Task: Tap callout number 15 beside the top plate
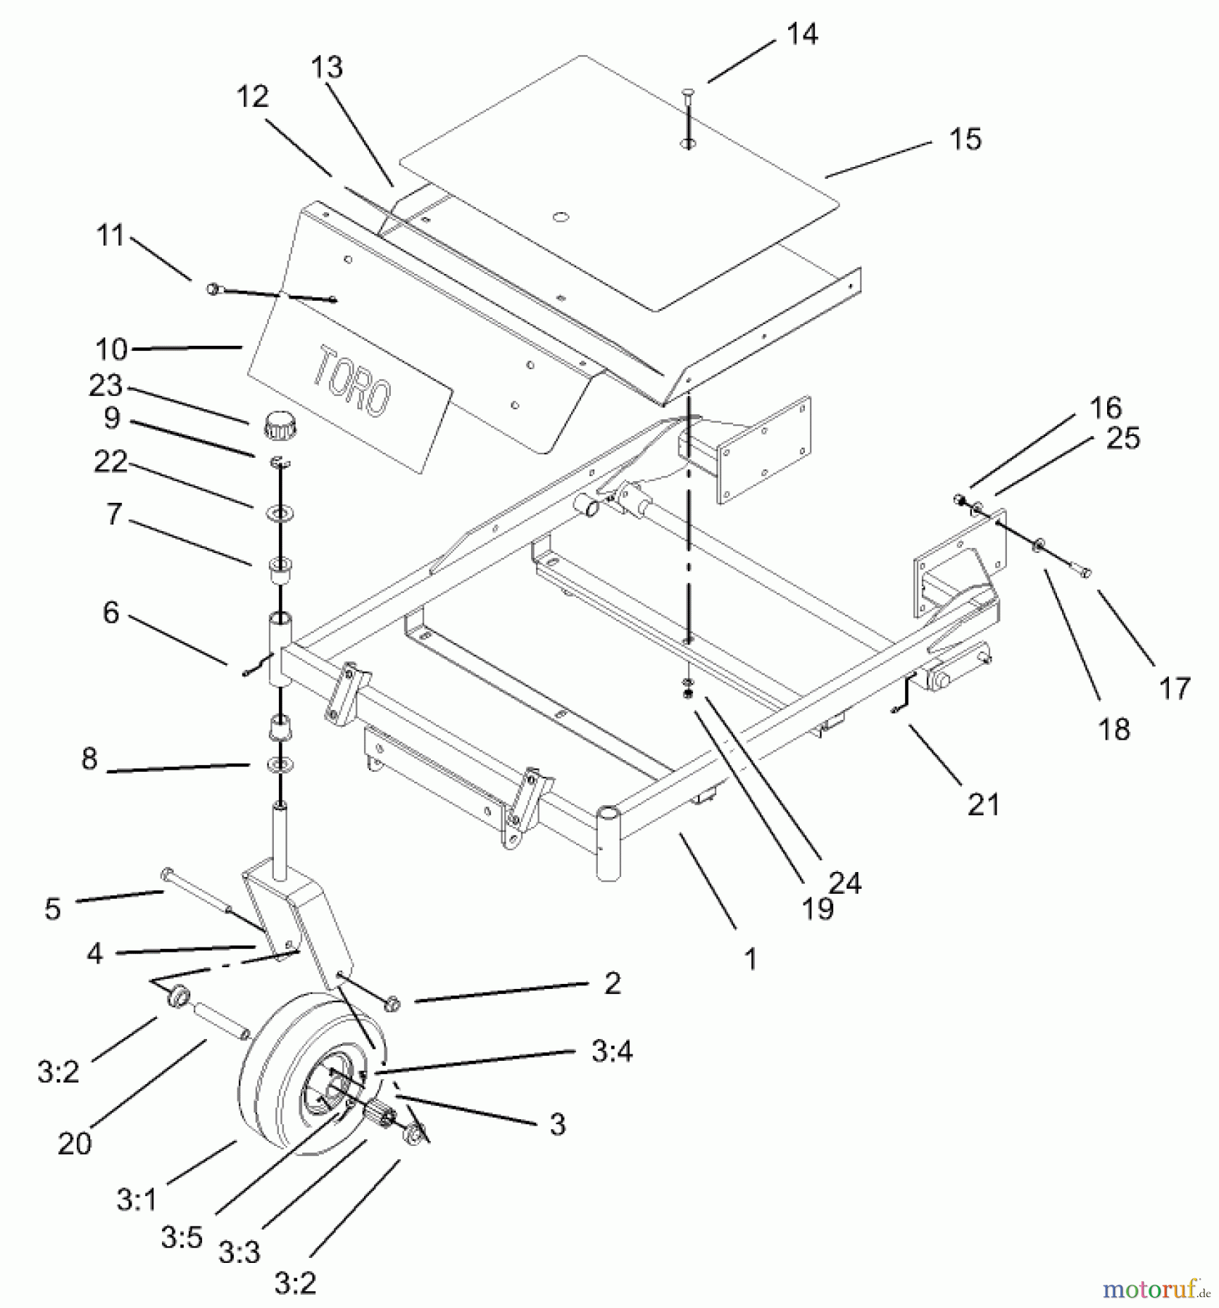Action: tap(965, 139)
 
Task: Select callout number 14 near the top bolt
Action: tap(801, 34)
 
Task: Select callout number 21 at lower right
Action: tap(983, 804)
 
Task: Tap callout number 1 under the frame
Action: tap(750, 958)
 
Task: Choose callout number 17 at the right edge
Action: tap(1174, 687)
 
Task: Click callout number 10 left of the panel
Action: tap(112, 350)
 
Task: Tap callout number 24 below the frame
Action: tap(844, 883)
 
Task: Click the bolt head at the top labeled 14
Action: tap(687, 92)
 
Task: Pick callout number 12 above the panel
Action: tap(252, 97)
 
